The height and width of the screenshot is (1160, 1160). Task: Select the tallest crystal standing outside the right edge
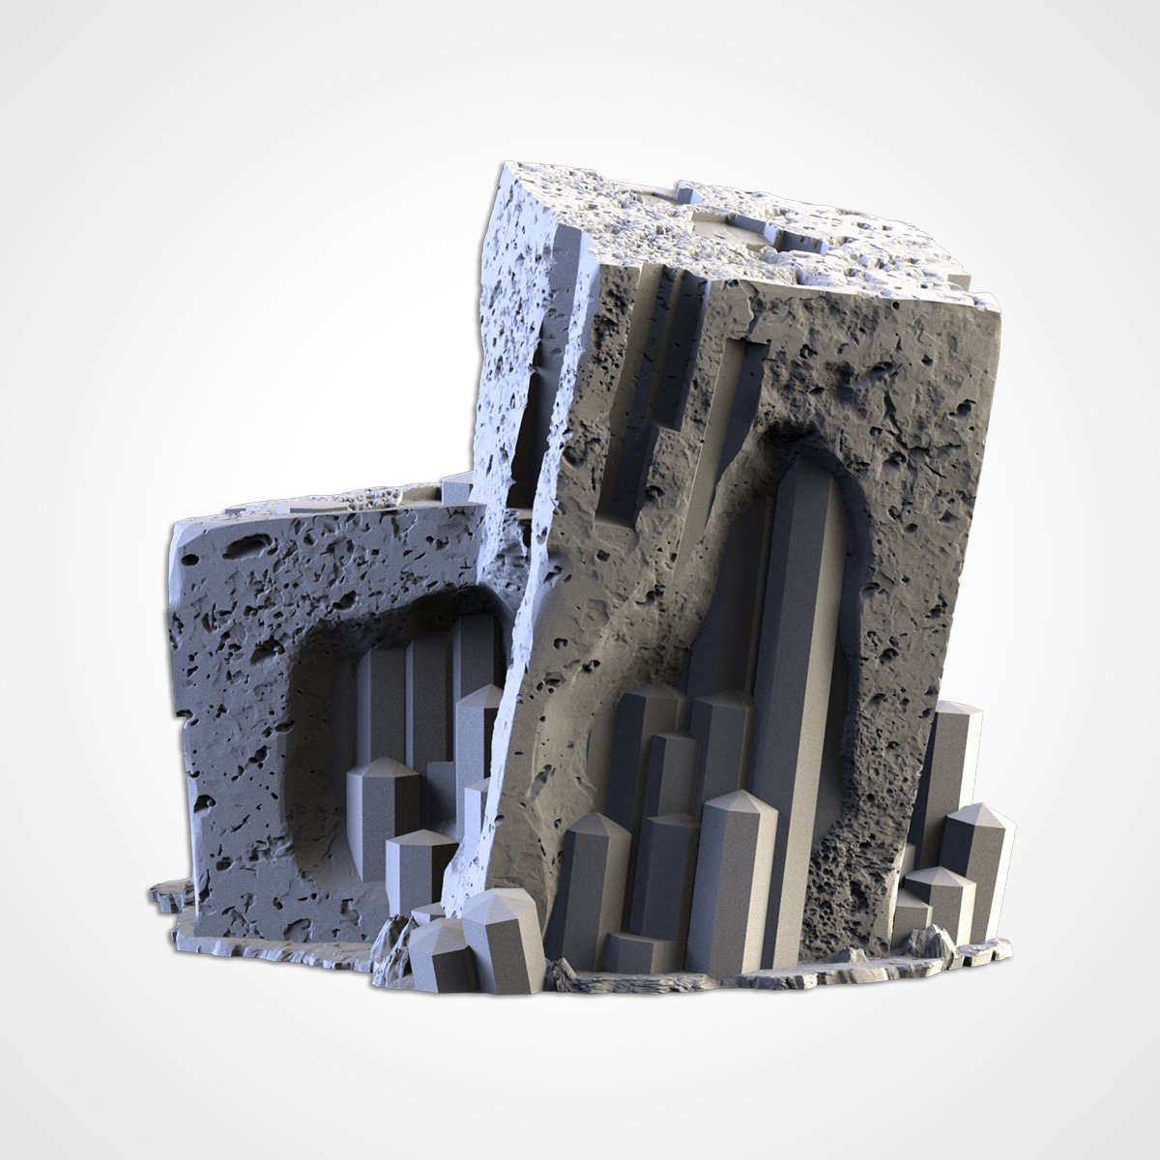pyautogui.click(x=952, y=764)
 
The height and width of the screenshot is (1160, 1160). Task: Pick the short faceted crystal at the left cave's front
pyautogui.click(x=420, y=860)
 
